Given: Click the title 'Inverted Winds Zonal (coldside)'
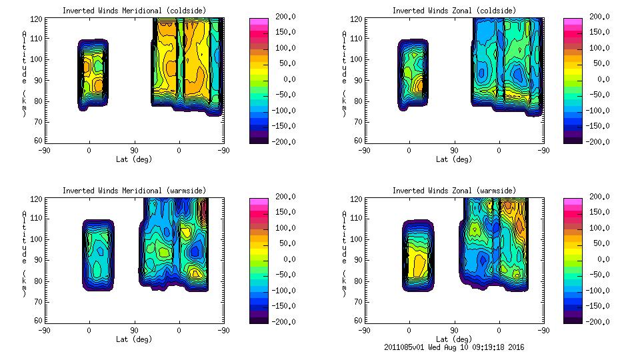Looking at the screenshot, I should click(x=453, y=10).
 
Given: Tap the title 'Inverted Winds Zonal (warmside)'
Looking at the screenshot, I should click(x=453, y=190).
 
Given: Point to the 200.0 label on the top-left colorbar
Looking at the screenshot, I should click(x=282, y=16).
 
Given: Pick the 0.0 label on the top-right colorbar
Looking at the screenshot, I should click(x=601, y=79).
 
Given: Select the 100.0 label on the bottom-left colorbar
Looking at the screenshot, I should click(x=282, y=228).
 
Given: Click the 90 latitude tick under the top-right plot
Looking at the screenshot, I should click(x=454, y=151).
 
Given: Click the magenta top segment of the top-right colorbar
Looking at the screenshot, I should click(x=572, y=21).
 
